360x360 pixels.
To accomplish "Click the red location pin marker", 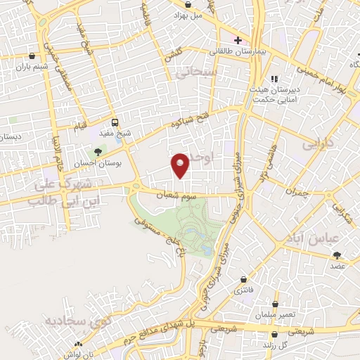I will click(181, 165).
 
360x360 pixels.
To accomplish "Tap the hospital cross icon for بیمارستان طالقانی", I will click(238, 39).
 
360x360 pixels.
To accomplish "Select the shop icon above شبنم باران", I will click(32, 56).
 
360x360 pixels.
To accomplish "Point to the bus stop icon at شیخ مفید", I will click(115, 122).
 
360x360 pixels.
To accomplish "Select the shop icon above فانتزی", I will click(244, 279).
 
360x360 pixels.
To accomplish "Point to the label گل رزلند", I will click(281, 345).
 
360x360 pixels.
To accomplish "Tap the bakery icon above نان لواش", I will click(78, 344).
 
